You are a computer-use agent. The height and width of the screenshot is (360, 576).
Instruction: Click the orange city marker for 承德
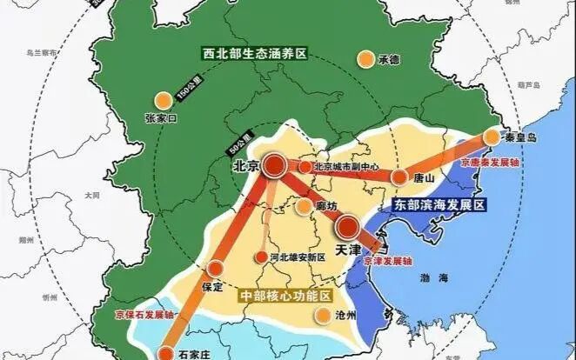[x=366, y=59]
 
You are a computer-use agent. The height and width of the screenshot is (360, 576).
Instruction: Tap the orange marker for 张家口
[x=160, y=100]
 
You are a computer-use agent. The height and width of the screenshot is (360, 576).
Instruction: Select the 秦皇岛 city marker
[x=492, y=137]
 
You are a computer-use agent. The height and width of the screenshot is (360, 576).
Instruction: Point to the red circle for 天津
[x=346, y=229]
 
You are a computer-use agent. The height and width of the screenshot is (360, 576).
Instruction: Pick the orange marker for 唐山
[x=399, y=177]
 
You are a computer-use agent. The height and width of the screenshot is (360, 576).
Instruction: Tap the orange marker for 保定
[x=215, y=269]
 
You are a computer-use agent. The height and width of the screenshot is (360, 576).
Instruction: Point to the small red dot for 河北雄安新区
[x=260, y=257]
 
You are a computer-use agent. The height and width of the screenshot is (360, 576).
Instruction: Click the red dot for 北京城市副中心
[x=305, y=166]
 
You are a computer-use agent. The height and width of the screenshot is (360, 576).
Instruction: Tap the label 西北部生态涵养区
[x=253, y=54]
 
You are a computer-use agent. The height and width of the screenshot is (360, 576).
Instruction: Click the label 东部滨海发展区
[x=439, y=206]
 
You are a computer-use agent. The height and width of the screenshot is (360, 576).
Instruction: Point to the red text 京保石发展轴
[x=144, y=317]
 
